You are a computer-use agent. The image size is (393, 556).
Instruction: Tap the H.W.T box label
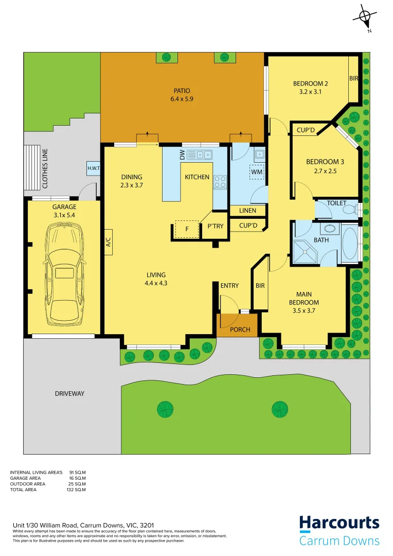pyautogui.click(x=94, y=168)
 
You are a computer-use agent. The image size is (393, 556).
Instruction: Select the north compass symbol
pyautogui.click(x=366, y=16)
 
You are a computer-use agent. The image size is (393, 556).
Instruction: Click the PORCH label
pyautogui.click(x=240, y=329)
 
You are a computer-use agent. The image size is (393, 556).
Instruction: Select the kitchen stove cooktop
pyautogui.click(x=220, y=182)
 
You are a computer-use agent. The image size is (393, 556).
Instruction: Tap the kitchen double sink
pyautogui.click(x=199, y=154)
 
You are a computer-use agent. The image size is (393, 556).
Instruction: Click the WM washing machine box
pyautogui.click(x=257, y=171)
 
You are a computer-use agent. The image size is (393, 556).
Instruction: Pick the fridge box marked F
pyautogui.click(x=187, y=230)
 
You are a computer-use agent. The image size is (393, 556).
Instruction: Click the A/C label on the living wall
pyautogui.click(x=109, y=242)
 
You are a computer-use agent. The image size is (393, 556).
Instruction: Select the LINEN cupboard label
pyautogui.click(x=247, y=211)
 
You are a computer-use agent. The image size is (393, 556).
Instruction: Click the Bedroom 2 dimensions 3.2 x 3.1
pyautogui.click(x=310, y=92)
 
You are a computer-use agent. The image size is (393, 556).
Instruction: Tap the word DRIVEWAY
pyautogui.click(x=69, y=394)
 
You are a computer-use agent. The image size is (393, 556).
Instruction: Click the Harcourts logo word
pyautogui.click(x=339, y=524)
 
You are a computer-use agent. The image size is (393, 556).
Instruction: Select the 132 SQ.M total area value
pyautogui.click(x=78, y=490)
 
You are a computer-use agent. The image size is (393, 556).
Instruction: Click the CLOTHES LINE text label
pyautogui.click(x=45, y=168)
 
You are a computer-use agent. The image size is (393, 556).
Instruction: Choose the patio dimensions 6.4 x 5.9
pyautogui.click(x=182, y=99)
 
